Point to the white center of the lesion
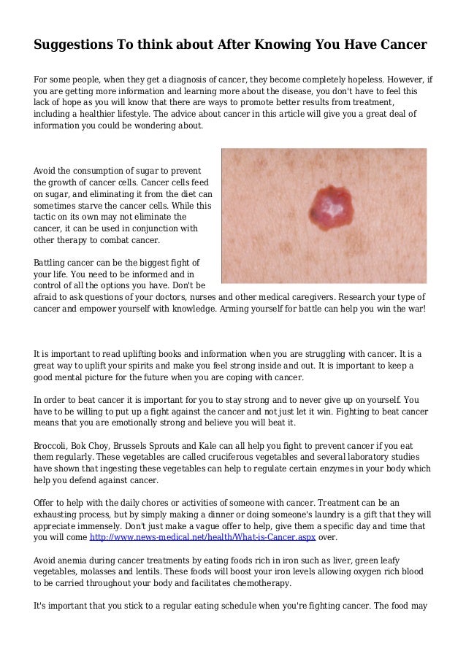click(332, 208)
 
